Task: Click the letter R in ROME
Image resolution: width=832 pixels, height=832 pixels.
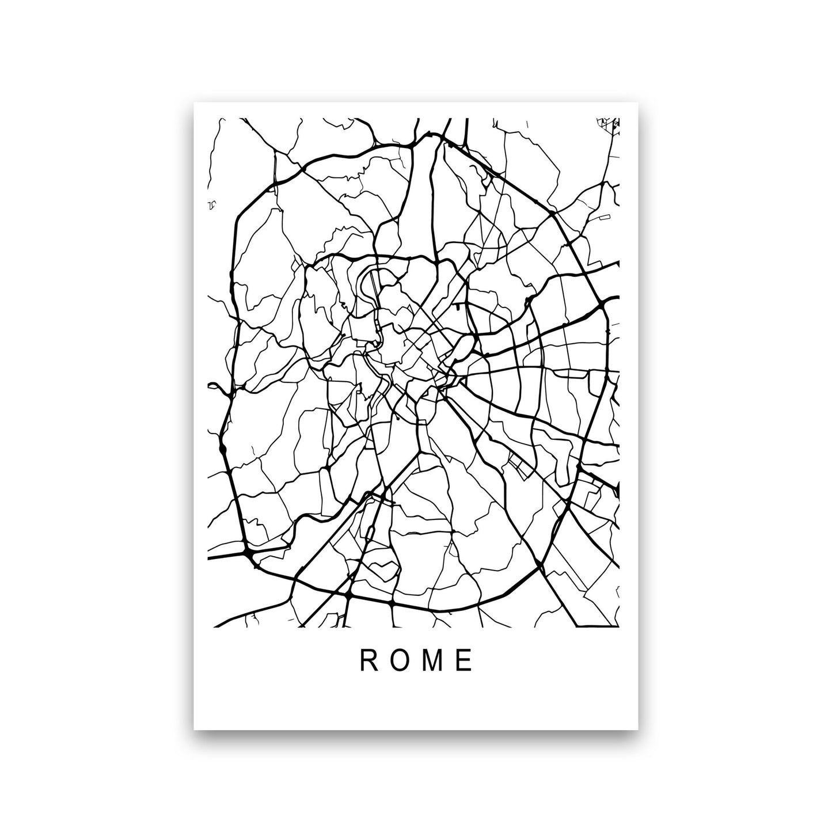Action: tap(367, 662)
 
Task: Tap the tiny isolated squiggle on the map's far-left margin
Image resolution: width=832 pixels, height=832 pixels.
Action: tap(212, 204)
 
